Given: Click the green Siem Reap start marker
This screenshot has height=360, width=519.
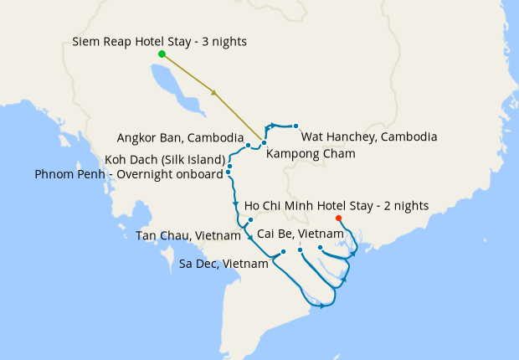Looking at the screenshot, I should coord(162,54).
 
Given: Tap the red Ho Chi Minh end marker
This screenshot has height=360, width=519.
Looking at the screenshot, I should coord(338,219).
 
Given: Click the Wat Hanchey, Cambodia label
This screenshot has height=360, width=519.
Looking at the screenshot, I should coord(368,136).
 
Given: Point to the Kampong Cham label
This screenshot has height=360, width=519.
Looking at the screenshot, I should coord(311,153).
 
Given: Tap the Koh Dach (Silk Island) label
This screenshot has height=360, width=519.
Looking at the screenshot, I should coord(166,159).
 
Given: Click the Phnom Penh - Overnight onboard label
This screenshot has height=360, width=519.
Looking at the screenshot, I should coord(129,174).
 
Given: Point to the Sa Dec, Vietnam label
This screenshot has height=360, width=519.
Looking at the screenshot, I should coord(224,264).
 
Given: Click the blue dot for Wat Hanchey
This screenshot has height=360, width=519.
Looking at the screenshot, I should coord(296,126).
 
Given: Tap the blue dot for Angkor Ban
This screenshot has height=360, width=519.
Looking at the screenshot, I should coord(249,146).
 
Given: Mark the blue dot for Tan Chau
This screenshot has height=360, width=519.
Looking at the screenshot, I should coord(250,220).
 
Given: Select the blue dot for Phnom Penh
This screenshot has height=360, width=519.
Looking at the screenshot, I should coord(229,172).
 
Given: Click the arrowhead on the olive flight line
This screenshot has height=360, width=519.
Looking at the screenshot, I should coord(215,92).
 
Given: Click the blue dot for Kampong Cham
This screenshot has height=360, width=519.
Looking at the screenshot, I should coord(264,143).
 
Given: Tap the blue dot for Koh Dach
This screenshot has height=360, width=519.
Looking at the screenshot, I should coord(229,166).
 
